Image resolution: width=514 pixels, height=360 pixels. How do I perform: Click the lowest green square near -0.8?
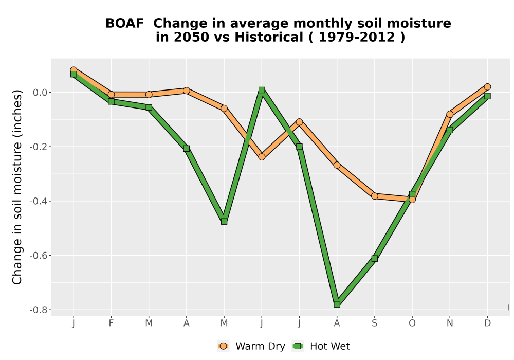(337, 304)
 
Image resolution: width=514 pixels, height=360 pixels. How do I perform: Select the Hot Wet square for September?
(375, 258)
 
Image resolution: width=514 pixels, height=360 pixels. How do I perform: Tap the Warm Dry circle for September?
(375, 196)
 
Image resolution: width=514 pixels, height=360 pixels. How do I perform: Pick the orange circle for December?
(487, 87)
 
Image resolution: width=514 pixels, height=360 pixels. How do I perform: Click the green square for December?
(487, 96)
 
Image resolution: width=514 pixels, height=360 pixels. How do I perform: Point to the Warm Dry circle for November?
(450, 114)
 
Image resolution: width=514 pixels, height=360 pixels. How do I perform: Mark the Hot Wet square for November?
(450, 130)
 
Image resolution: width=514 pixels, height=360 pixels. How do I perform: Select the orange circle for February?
(111, 95)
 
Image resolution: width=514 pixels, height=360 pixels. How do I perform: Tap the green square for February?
(111, 101)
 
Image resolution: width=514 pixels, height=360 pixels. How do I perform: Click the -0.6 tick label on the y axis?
(39, 256)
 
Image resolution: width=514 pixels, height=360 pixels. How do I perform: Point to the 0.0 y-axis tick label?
(40, 93)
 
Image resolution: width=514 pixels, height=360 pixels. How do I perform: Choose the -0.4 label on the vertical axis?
(39, 201)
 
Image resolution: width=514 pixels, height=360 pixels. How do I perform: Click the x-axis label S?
(375, 323)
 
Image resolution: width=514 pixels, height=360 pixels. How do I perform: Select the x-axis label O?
(412, 323)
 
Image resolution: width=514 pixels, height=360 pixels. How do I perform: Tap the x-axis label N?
(450, 323)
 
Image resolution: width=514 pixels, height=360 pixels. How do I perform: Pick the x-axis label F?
(111, 323)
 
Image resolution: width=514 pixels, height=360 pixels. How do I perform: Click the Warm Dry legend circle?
(223, 346)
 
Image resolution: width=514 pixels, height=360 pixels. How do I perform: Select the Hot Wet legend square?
(298, 346)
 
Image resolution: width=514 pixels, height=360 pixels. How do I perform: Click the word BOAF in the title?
(124, 24)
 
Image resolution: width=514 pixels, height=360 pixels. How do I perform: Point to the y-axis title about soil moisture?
(17, 187)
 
